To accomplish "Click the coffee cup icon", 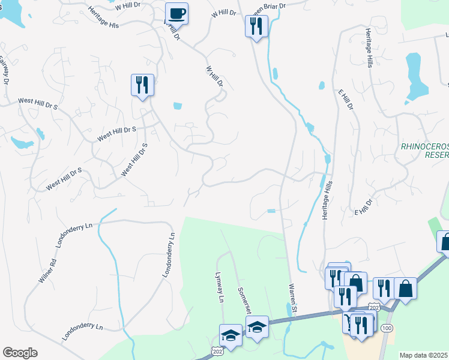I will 177,13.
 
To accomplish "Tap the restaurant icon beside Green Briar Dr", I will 256,26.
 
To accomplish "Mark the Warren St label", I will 294,296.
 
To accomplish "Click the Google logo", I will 20,353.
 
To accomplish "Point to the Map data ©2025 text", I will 424,355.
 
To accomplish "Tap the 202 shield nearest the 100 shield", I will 375,307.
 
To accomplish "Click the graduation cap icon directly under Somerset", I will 257,327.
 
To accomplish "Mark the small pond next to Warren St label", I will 291,309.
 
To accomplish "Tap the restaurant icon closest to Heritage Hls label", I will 142,85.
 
